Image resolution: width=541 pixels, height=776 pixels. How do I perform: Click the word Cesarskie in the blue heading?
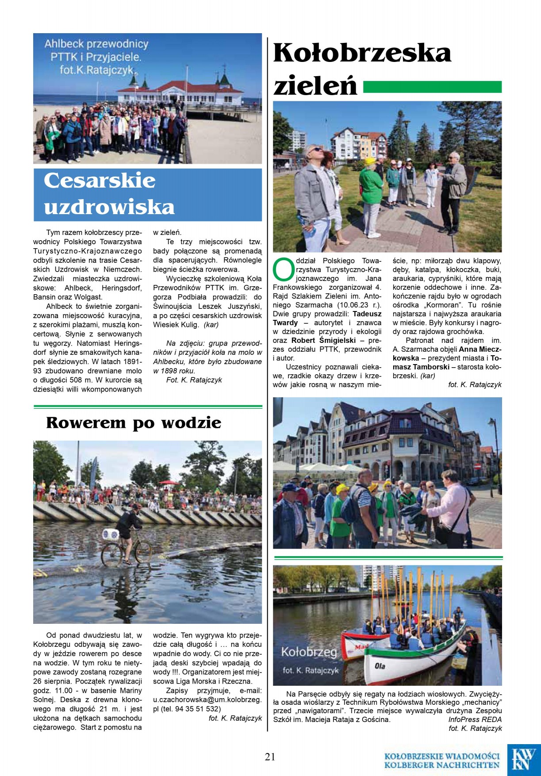pos(100,181)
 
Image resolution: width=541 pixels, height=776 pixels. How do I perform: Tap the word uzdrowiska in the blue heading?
pos(109,207)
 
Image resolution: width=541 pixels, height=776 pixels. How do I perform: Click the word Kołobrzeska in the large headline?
pos(362,53)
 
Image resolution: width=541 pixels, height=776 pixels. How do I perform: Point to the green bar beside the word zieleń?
pos(432,87)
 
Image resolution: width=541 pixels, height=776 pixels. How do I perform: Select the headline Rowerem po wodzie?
pos(134,423)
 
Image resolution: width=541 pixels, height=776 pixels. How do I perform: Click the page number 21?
pos(270,757)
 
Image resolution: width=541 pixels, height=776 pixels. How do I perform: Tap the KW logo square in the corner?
pos(524,759)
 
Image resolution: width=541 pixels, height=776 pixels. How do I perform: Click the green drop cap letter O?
pos(283,269)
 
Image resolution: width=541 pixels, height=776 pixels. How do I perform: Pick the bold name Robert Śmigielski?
pos(323,340)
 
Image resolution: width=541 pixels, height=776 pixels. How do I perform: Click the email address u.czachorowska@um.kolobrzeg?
pos(207,699)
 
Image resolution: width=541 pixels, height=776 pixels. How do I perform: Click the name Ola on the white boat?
pos(380,666)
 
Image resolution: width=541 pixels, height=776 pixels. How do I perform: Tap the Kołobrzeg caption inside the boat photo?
pos(309,652)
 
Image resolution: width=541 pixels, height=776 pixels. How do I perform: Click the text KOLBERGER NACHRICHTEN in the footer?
pos(441,765)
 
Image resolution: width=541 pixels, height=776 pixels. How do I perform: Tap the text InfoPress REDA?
pos(475,719)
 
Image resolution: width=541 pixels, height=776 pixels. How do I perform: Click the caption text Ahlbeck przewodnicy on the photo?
pos(96,44)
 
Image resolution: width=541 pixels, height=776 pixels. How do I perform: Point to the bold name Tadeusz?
pos(367,314)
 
